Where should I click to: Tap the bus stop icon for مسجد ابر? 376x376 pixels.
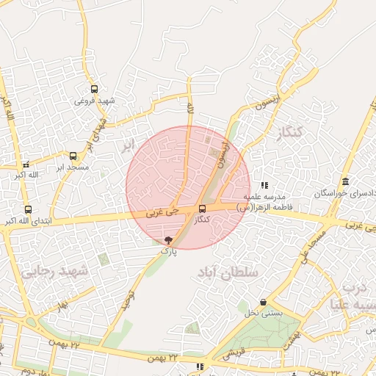click(x=72, y=156)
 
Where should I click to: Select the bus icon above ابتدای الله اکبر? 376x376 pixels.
click(x=28, y=209)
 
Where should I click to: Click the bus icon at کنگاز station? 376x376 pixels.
click(x=202, y=209)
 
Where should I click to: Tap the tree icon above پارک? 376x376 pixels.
click(x=169, y=239)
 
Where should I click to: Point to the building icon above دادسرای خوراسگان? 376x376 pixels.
click(x=345, y=182)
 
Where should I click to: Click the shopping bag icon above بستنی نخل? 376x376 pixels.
click(x=263, y=303)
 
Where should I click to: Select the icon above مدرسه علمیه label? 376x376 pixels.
click(x=264, y=185)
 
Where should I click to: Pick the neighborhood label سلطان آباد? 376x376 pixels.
click(x=228, y=272)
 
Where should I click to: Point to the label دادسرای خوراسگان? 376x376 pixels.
click(x=345, y=193)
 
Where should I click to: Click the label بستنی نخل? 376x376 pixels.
click(x=263, y=314)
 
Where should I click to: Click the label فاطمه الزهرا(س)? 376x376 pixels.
click(x=264, y=208)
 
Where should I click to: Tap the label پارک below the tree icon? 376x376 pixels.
click(x=170, y=250)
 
